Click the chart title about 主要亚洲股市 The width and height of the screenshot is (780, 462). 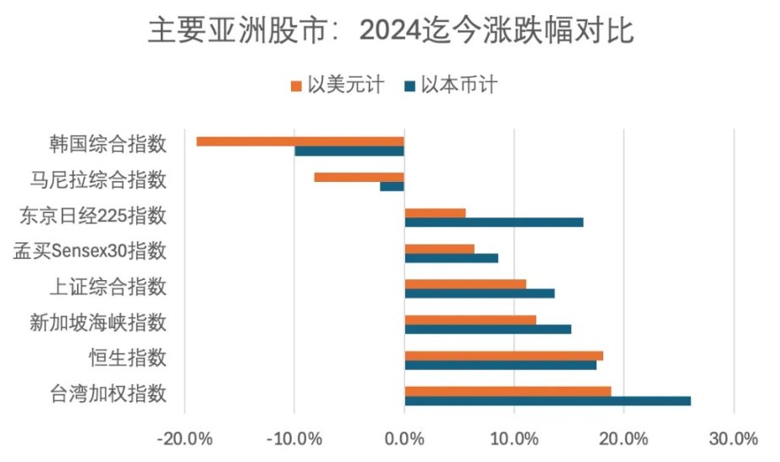tap(390, 31)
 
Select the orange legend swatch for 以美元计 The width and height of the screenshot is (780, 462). tap(295, 85)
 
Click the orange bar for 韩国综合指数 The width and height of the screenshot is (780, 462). tap(300, 141)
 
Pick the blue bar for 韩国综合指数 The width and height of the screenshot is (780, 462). tap(349, 151)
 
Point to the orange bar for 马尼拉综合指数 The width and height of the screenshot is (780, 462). tap(359, 177)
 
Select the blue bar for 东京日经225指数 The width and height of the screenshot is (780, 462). tap(494, 223)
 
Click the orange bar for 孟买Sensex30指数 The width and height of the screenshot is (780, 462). tap(439, 249)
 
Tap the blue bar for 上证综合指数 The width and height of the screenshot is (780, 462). tap(480, 293)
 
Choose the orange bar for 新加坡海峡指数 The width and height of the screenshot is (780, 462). tap(470, 320)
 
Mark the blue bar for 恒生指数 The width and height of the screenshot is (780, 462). tap(501, 365)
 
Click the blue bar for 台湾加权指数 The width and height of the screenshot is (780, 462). tap(547, 400)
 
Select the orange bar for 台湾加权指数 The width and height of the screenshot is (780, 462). tap(508, 391)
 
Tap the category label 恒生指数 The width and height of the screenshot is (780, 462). tap(127, 358)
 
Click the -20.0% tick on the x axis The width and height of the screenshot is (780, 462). tap(184, 439)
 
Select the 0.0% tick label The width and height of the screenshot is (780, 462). tap(404, 439)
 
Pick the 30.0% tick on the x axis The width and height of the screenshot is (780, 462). tap(733, 439)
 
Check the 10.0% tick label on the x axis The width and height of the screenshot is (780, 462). tap(514, 439)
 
